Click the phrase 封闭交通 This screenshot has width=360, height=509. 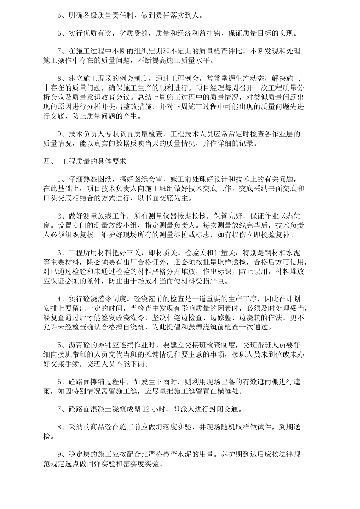230,409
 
